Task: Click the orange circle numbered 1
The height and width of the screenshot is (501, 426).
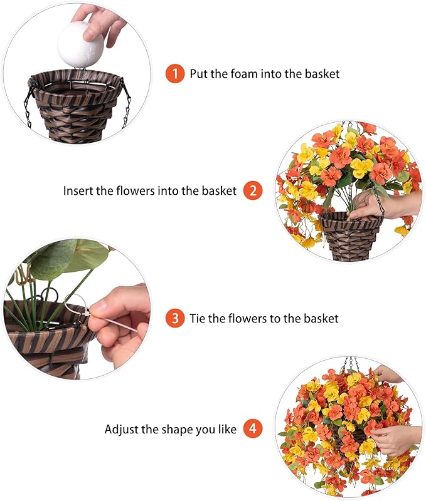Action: click(175, 73)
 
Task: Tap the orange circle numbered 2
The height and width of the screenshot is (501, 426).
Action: click(252, 190)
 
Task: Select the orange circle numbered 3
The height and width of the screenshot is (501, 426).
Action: click(175, 318)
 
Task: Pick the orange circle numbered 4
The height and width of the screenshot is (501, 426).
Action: click(252, 429)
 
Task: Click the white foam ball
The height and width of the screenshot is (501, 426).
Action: click(80, 43)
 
